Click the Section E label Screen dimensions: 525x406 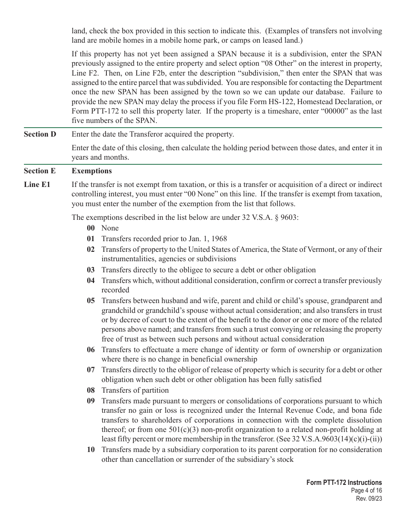pyautogui.click(x=40, y=171)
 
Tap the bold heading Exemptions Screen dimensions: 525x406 pyautogui.click(x=91, y=171)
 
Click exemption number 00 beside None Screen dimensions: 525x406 pyautogui.click(x=91, y=228)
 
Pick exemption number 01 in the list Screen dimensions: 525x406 pyautogui.click(x=91, y=239)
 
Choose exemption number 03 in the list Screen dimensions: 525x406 pyautogui.click(x=91, y=270)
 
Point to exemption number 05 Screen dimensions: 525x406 pyautogui.click(x=91, y=301)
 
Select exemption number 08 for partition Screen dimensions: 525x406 pyautogui.click(x=91, y=391)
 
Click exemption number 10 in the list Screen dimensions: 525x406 pyautogui.click(x=91, y=450)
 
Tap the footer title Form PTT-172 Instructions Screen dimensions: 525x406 pyautogui.click(x=344, y=483)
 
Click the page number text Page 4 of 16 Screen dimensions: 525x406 pyautogui.click(x=364, y=491)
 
